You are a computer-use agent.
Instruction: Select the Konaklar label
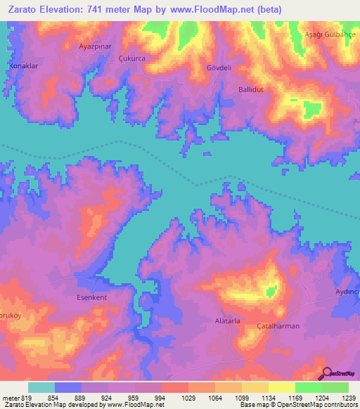tap(22, 65)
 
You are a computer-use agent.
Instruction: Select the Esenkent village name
tap(91, 297)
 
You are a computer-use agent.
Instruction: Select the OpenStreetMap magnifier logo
tap(327, 374)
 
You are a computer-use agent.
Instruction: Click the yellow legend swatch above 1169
tap(281, 387)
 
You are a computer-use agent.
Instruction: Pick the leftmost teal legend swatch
tap(41, 387)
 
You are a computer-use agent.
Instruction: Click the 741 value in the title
tap(95, 10)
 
